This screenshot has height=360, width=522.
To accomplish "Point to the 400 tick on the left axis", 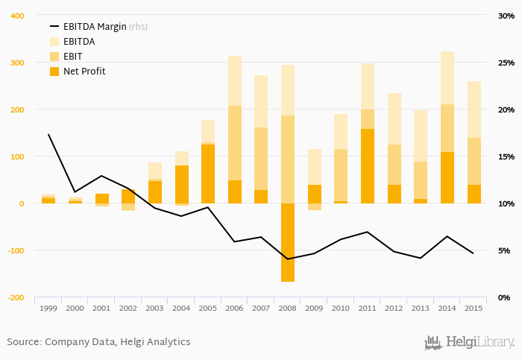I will [x=16, y=16].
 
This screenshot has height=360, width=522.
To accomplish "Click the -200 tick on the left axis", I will [x=15, y=297].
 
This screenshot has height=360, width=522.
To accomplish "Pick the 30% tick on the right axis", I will [x=506, y=16].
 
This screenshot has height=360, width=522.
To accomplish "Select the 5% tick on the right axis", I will [x=505, y=250].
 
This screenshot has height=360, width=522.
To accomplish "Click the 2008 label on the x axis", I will [x=288, y=309].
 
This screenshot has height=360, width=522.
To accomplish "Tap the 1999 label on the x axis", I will [x=48, y=309].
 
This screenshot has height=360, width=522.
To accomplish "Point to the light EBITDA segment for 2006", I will [x=235, y=80].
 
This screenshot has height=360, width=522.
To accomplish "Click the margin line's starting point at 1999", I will [x=48, y=135].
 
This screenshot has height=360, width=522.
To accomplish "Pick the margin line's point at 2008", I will [x=288, y=259].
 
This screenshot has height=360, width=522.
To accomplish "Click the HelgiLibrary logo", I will [x=469, y=342].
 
